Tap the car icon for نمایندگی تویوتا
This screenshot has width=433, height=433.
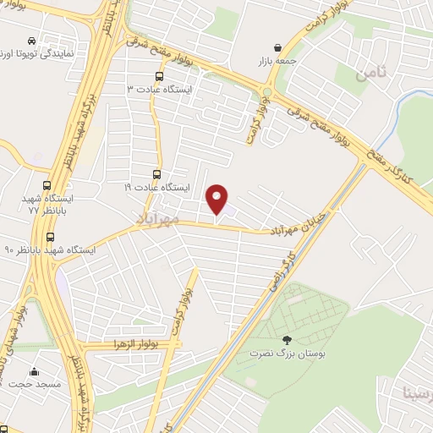[31, 40]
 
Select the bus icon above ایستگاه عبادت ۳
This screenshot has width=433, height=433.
[149, 77]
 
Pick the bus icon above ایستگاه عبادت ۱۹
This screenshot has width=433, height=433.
[156, 175]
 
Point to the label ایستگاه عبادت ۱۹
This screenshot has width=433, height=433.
[158, 187]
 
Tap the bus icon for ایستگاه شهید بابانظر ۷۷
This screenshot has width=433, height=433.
[46, 187]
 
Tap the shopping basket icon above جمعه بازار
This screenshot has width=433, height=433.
[278, 47]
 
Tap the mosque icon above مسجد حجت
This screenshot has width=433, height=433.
[34, 370]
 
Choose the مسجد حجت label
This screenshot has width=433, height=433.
[35, 385]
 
